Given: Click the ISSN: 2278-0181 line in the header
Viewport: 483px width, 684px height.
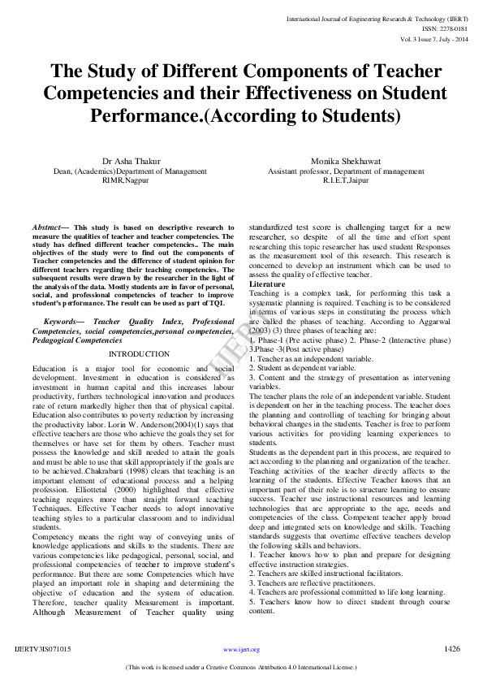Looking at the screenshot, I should (x=445, y=28).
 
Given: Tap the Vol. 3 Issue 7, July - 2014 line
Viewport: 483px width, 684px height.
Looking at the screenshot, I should (x=433, y=38).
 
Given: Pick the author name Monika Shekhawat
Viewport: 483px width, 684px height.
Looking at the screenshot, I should (x=334, y=162).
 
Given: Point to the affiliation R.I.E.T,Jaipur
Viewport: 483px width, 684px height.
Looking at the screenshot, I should (x=334, y=181).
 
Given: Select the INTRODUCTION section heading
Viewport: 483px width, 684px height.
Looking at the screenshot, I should (x=139, y=354).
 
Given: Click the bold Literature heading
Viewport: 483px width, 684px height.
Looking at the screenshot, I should (x=267, y=284).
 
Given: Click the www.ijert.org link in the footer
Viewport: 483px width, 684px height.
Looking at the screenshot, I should (x=241, y=650).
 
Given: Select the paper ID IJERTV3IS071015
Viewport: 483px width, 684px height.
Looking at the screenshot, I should (x=43, y=649).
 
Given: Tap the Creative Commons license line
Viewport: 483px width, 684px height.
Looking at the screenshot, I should (x=241, y=668).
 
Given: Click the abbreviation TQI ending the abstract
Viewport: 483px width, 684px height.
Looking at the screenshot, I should (x=214, y=302).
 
